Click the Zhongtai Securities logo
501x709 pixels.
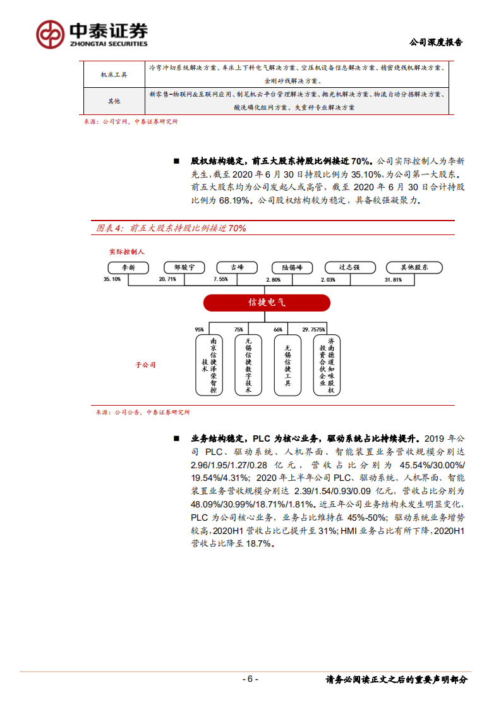(x=92, y=33)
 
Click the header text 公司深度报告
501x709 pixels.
(x=436, y=42)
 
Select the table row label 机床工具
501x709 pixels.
(x=114, y=75)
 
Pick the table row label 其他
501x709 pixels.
(x=114, y=100)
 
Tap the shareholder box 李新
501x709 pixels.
(x=128, y=267)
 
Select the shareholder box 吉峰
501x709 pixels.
(x=237, y=267)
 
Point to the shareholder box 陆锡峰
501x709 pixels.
(x=292, y=267)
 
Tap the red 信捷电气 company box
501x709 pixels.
(x=267, y=303)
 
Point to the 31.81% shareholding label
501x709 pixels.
(x=393, y=279)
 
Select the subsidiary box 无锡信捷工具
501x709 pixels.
(x=287, y=365)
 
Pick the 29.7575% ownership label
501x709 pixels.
(x=314, y=329)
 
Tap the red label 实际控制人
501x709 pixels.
(x=127, y=251)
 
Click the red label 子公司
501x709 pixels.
(x=145, y=365)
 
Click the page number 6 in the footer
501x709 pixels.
(x=250, y=679)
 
